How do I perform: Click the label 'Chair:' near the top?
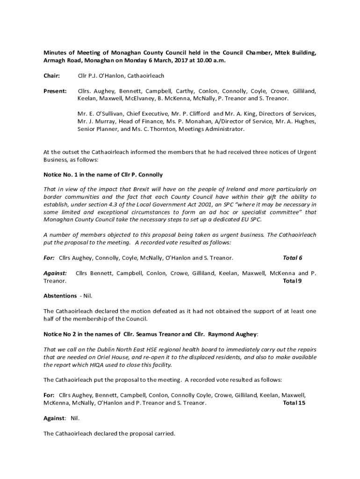pyautogui.click(x=52, y=76)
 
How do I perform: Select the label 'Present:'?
pyautogui.click(x=55, y=91)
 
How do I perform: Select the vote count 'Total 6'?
pyautogui.click(x=293, y=258)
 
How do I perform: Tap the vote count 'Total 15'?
pyautogui.click(x=295, y=402)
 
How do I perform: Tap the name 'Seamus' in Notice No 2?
pyautogui.click(x=145, y=334)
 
